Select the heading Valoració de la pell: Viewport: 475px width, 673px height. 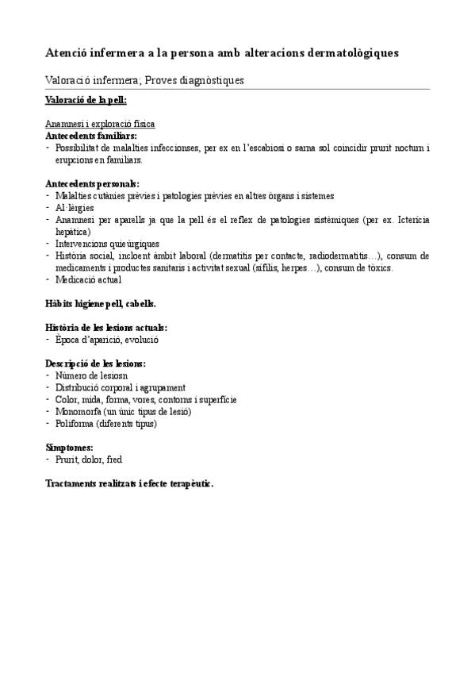(86, 100)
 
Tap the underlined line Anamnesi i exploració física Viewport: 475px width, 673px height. (100, 125)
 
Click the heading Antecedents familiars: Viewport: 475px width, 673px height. (91, 136)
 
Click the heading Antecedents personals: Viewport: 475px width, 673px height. (93, 183)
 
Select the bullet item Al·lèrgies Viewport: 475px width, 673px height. (77, 207)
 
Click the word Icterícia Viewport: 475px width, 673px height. (410, 219)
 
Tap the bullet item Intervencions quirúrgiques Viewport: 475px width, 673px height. (107, 244)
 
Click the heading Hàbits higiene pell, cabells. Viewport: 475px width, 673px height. (101, 303)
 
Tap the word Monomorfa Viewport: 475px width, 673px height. (79, 411)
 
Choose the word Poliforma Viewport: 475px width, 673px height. (76, 423)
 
